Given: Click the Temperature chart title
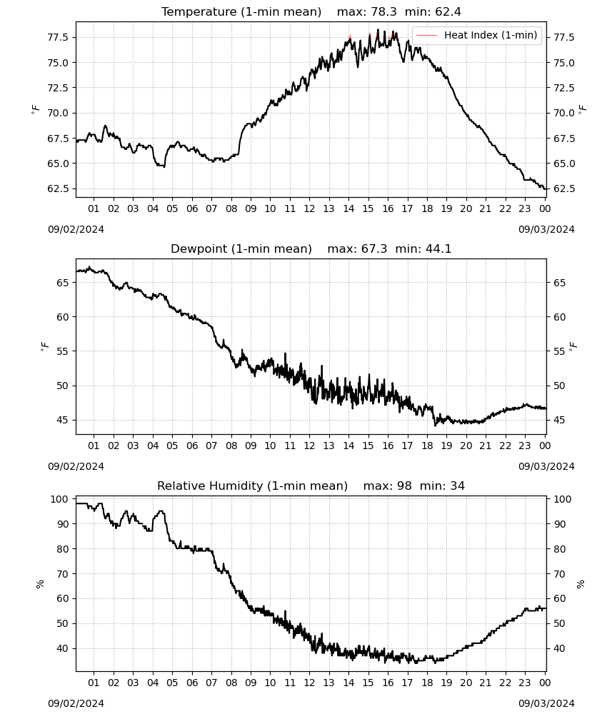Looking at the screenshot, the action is coord(241,11).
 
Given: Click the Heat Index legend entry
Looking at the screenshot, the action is coord(477,35).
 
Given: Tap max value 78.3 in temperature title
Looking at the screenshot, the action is coord(384,11).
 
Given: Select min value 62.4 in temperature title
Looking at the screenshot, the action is coord(448,11).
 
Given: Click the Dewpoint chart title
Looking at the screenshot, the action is coord(241,248).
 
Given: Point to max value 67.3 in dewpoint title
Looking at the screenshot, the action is coord(374,248).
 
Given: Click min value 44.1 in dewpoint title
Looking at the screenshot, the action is coord(438,248).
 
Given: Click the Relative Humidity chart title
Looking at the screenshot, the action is coord(253,486).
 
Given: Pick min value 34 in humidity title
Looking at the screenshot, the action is coord(458,486).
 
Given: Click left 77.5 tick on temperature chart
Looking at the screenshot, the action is coord(58,37).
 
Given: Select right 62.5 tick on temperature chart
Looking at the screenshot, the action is coord(564,188).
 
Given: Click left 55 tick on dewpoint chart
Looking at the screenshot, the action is coord(63,351).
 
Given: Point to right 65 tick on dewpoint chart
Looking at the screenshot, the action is coord(560,283).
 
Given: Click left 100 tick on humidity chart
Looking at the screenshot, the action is coord(60,499).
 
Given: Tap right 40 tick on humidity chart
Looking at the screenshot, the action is coord(560,648).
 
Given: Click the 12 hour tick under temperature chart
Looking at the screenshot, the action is coord(310,208).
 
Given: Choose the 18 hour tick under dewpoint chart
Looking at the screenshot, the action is coord(427,446).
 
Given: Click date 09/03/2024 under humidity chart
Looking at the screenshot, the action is coord(546,703).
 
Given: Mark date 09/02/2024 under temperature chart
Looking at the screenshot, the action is coord(76,229).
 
